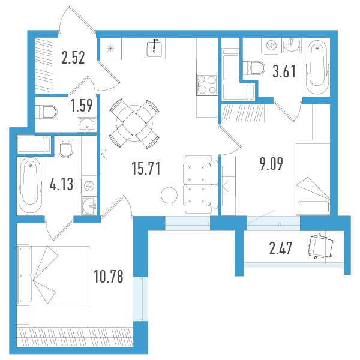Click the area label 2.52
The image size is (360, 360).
tap(73, 58)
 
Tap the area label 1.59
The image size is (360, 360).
tap(82, 106)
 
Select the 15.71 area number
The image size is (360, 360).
tap(146, 168)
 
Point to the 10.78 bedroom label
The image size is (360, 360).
tap(109, 276)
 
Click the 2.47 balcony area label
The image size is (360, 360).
tap(281, 248)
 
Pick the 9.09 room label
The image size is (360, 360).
tap(271, 164)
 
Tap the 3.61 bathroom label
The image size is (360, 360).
tap(284, 71)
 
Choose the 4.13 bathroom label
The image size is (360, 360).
tap(61, 184)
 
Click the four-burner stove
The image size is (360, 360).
tap(207, 85)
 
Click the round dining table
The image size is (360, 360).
tap(134, 123)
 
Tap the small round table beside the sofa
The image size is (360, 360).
tap(169, 195)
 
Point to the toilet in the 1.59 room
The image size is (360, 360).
tap(46, 112)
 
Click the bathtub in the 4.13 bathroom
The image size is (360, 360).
tap(31, 185)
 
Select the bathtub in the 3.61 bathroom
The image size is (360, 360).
tap(317, 67)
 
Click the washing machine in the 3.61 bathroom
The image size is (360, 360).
tap(272, 46)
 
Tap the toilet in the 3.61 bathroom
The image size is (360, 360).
tap(254, 68)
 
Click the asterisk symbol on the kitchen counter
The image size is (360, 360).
tap(110, 49)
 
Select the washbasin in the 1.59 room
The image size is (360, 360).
tap(87, 125)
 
